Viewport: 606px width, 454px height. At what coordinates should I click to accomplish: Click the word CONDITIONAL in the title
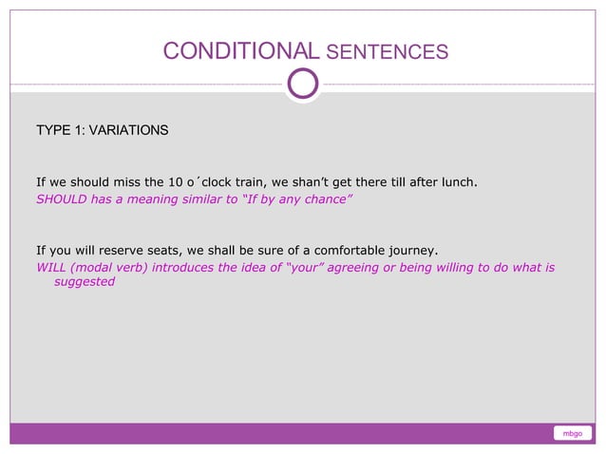pyautogui.click(x=234, y=51)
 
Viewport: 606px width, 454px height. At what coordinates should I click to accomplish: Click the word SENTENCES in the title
pyautogui.click(x=380, y=52)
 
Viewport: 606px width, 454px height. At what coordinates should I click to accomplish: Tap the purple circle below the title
pyautogui.click(x=303, y=84)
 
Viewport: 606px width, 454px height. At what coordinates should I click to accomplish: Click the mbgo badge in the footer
pyautogui.click(x=572, y=434)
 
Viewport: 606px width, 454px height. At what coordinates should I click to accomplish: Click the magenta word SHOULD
pyautogui.click(x=61, y=199)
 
